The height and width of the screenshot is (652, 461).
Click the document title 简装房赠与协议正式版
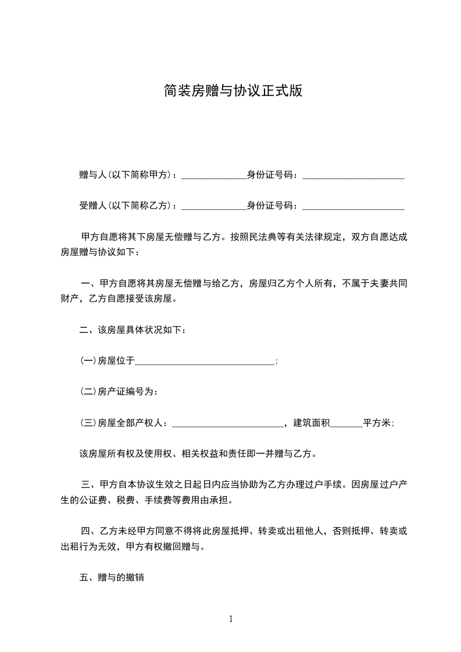pos(233,91)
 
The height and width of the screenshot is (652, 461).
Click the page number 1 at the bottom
pos(231,619)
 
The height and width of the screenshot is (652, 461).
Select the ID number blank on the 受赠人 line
pos(353,206)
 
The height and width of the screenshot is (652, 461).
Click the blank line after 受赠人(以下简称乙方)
pos(214,206)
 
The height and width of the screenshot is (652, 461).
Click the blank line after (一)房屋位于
pos(205,361)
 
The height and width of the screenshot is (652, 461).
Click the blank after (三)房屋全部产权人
pos(228,424)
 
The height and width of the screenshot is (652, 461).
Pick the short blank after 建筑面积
pos(346,424)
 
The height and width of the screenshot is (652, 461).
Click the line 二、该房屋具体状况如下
pos(133,330)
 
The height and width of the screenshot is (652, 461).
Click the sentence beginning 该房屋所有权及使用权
pos(198,454)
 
